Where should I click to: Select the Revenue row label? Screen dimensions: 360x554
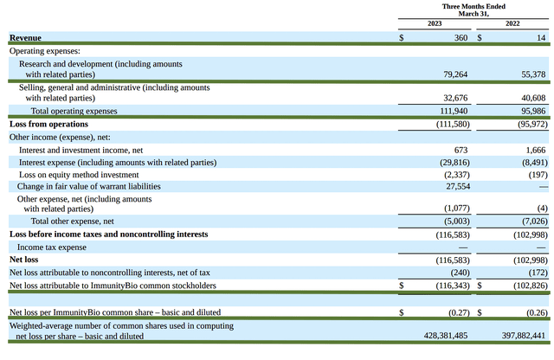[x=25, y=38]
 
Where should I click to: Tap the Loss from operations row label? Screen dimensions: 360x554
[x=48, y=124]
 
